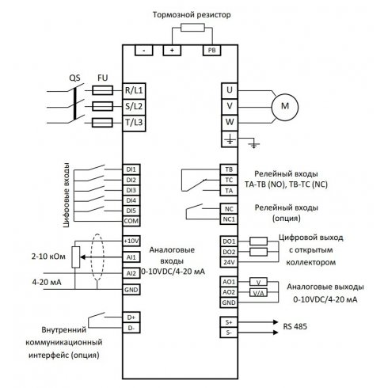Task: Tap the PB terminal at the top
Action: click(211, 50)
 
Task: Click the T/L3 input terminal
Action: click(131, 123)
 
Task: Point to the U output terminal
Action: click(228, 89)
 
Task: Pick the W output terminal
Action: click(228, 122)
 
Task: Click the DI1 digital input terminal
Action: click(131, 169)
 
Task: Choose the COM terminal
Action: click(131, 221)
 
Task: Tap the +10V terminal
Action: click(131, 240)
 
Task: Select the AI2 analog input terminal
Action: click(131, 272)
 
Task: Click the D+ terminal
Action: click(131, 317)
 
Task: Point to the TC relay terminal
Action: click(228, 180)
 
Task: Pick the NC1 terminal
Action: click(228, 219)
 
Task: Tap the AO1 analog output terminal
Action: click(228, 281)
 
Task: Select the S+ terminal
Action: click(228, 322)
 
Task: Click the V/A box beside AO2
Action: click(259, 292)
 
